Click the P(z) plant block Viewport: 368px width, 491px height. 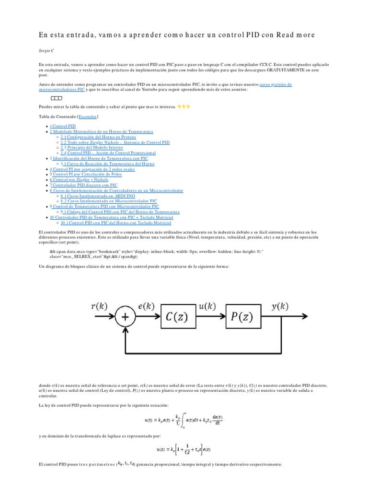tap(245, 316)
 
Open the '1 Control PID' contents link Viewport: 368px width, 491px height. tap(63, 126)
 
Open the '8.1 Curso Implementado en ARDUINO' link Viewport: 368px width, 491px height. tap(98, 196)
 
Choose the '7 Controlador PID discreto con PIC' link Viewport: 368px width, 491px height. tap(83, 185)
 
